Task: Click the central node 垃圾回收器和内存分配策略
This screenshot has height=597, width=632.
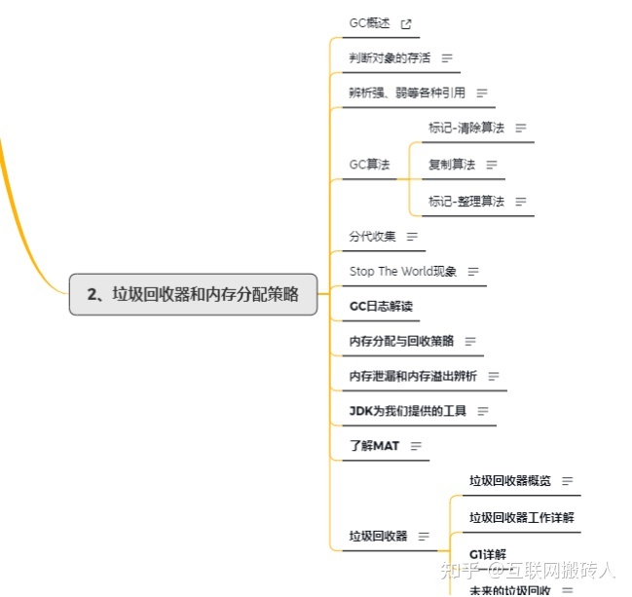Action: coord(193,294)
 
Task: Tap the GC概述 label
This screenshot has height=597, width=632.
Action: coord(370,23)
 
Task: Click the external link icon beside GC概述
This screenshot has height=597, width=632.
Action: coord(406,24)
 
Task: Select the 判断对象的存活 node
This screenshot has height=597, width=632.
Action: coord(388,58)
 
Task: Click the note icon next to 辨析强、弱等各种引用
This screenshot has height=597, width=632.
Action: coord(481,93)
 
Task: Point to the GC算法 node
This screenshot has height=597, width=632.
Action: coord(370,165)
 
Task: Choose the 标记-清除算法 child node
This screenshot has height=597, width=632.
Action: coord(466,128)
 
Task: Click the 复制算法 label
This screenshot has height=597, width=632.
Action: coord(452,165)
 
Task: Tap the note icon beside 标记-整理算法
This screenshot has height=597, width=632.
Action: coord(520,202)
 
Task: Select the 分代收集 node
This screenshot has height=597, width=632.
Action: coord(373,236)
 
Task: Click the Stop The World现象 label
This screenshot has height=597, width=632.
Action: coord(403,271)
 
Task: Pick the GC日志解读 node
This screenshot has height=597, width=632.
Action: coord(381,306)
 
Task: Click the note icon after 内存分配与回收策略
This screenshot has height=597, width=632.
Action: coord(470,342)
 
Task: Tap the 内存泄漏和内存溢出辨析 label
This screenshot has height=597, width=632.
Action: coord(413,376)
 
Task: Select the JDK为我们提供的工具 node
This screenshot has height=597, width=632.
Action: coord(408,411)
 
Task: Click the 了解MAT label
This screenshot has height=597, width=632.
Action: coord(374,446)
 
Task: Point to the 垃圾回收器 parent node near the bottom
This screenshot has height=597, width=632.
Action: coord(379,536)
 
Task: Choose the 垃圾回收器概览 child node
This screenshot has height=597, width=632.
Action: coord(509,480)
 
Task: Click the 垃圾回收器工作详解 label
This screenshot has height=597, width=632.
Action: coord(522,517)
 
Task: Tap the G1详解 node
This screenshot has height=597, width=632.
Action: coord(488,554)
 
